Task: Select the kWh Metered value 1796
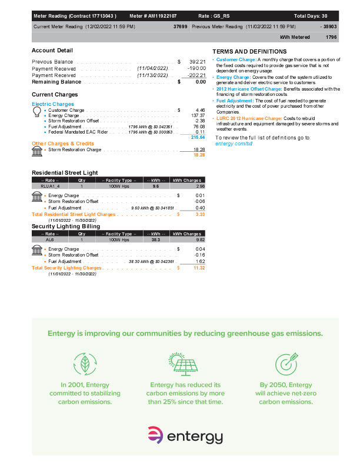[x=332, y=36]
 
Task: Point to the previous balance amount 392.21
[x=196, y=61]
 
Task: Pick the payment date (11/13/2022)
[x=153, y=75]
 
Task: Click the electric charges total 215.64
[x=198, y=137]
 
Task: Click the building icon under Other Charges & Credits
[x=36, y=151]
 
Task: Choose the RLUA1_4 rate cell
[x=49, y=186]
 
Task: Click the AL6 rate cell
[x=49, y=239]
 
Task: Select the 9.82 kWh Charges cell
[x=199, y=239]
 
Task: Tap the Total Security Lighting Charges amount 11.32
[x=198, y=268]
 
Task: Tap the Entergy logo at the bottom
[x=185, y=435]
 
